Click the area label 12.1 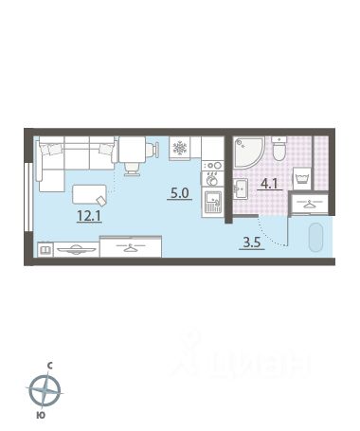[x=89, y=216]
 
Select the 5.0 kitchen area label [x=179, y=192]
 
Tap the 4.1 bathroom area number [x=269, y=183]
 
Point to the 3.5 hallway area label [x=252, y=242]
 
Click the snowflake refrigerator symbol [x=180, y=148]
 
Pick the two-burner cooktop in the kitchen [x=212, y=166]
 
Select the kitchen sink [x=212, y=203]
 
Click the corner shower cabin [x=249, y=153]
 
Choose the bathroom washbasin [x=241, y=189]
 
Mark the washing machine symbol [x=302, y=179]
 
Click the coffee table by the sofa [x=89, y=194]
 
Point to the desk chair [x=132, y=169]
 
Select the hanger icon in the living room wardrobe [x=131, y=247]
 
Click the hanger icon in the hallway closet [x=309, y=204]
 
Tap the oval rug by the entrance [x=315, y=238]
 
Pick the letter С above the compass [x=50, y=366]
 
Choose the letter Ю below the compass [x=41, y=415]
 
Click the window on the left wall [x=28, y=197]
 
